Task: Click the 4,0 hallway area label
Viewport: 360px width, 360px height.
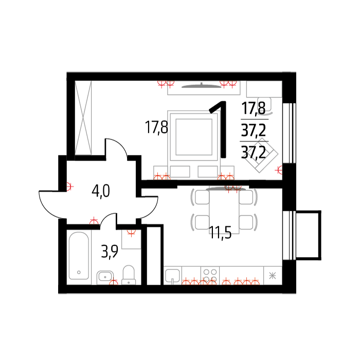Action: (101, 191)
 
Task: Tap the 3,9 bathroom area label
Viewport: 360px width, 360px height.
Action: (110, 251)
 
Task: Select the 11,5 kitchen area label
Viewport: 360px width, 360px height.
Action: (220, 232)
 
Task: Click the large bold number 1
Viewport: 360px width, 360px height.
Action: (219, 129)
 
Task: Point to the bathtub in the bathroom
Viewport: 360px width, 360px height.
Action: (79, 256)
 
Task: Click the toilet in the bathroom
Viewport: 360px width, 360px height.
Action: (129, 275)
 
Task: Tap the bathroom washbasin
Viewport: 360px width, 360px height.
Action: (105, 277)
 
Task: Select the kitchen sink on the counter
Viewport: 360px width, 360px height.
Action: (172, 276)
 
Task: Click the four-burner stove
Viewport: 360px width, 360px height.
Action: (210, 276)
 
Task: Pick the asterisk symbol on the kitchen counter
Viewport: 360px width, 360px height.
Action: (273, 275)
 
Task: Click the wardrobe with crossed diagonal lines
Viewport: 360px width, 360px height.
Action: (83, 118)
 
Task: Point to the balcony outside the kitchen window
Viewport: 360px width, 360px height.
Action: (308, 235)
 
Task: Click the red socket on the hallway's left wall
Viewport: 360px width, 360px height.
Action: (69, 186)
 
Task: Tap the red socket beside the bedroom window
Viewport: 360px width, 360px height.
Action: (279, 170)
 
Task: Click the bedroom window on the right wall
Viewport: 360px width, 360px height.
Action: (289, 133)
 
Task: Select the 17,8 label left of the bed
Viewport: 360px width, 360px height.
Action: (156, 128)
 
